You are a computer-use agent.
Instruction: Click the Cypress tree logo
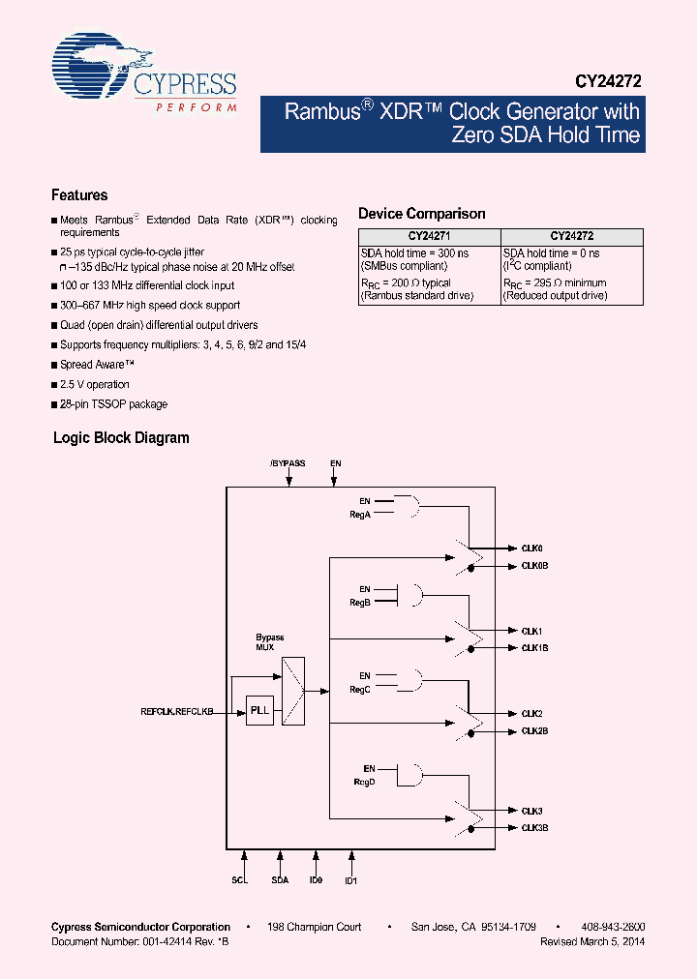(x=92, y=69)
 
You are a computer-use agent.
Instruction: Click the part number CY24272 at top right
(x=609, y=83)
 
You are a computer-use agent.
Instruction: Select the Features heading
(x=79, y=194)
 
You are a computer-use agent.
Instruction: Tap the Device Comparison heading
(x=421, y=214)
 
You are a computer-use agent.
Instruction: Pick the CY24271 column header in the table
(x=429, y=236)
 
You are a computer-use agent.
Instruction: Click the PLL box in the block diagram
(x=259, y=711)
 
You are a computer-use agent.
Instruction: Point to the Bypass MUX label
(x=269, y=642)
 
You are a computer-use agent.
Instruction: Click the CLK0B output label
(x=535, y=566)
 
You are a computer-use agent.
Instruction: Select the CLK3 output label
(x=532, y=811)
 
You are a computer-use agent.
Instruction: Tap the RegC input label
(x=360, y=689)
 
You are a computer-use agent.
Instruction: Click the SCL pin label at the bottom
(x=241, y=881)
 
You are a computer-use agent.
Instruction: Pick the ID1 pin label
(x=350, y=881)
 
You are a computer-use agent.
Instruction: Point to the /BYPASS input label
(x=288, y=463)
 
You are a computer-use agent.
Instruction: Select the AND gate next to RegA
(x=409, y=506)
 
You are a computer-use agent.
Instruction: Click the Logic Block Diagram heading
(x=121, y=438)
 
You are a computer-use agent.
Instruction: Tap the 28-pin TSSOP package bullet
(x=113, y=404)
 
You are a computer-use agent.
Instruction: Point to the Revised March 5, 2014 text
(x=592, y=941)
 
